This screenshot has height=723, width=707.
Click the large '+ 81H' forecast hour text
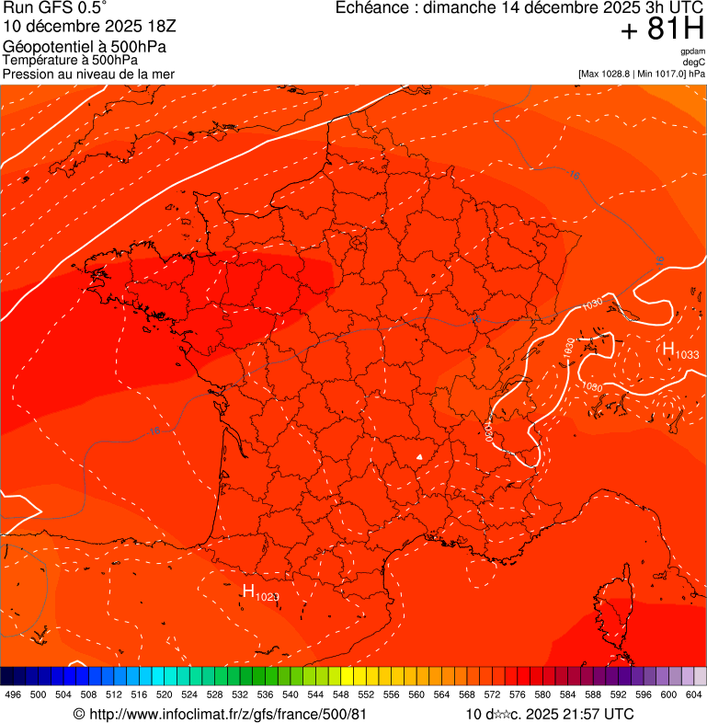click(x=662, y=30)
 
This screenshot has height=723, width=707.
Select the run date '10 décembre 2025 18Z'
click(x=69, y=26)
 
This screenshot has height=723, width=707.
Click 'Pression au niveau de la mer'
click(x=88, y=74)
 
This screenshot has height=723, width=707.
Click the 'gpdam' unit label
click(x=692, y=52)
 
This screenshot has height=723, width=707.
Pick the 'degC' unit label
click(x=694, y=63)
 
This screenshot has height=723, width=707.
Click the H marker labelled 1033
click(x=669, y=350)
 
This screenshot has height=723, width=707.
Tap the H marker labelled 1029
click(x=248, y=591)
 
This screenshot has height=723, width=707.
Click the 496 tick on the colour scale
click(x=13, y=694)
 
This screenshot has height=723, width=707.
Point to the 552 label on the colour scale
click(x=366, y=694)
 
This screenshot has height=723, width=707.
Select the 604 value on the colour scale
click(x=693, y=694)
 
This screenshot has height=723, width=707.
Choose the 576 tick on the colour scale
click(x=518, y=694)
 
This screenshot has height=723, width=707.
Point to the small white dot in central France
click(x=419, y=455)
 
